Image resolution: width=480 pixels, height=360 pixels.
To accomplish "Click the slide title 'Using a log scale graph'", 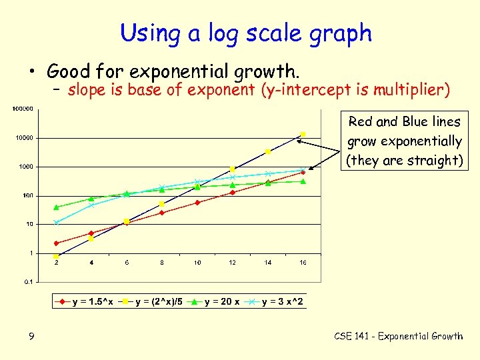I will [x=246, y=33].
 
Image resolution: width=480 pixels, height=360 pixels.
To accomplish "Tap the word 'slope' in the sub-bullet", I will [x=85, y=89].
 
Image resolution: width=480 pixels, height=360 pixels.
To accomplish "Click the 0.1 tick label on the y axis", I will [x=27, y=282].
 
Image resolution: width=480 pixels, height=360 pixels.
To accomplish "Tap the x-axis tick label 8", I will [x=162, y=263].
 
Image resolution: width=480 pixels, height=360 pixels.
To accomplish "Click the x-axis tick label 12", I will [x=232, y=263].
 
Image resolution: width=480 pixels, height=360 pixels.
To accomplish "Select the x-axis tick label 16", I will [x=303, y=263].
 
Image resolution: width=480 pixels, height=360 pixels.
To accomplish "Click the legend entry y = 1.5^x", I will [x=87, y=302].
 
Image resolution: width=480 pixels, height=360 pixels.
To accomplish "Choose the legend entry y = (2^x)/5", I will [x=151, y=302].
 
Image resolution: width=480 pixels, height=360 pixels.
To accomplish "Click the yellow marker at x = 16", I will [x=303, y=135].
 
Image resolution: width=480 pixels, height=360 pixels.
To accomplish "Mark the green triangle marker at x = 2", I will [x=56, y=207].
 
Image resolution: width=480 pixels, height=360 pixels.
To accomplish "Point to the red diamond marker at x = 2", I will [x=56, y=243].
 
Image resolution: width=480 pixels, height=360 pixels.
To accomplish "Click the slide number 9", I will [x=31, y=336].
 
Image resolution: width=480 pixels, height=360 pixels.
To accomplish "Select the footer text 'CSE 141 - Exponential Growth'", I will [x=398, y=336].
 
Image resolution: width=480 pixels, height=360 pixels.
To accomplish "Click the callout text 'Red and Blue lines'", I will [x=404, y=121].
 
